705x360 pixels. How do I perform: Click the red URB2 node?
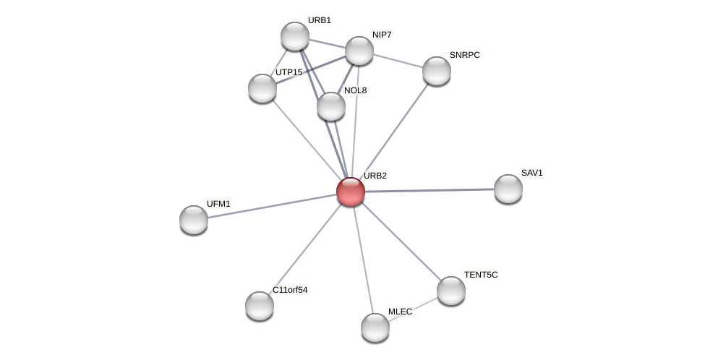click(x=351, y=192)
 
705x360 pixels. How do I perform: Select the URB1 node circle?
click(x=295, y=36)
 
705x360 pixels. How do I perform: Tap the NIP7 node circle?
click(x=359, y=51)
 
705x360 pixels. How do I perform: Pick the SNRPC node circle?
click(x=437, y=71)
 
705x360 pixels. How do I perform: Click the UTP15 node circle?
click(x=262, y=88)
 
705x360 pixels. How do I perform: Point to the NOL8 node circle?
click(x=331, y=106)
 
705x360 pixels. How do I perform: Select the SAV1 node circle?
click(x=508, y=189)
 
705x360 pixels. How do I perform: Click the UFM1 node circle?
click(x=194, y=220)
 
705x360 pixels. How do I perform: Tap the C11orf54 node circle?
click(x=260, y=306)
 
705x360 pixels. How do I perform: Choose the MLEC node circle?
click(x=375, y=327)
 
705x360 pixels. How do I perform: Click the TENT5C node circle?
click(x=451, y=291)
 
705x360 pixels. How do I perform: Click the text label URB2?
click(x=375, y=176)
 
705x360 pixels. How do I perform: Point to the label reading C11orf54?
click(x=290, y=290)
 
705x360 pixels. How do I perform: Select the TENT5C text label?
click(x=481, y=275)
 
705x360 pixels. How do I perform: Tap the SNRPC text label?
click(x=464, y=55)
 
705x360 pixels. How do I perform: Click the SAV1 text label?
click(x=531, y=173)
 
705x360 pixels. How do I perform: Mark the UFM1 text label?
click(x=218, y=204)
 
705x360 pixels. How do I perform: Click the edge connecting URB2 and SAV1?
click(x=430, y=190)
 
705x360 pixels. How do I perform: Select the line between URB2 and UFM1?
click(x=272, y=206)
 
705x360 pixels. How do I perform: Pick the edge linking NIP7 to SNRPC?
click(x=398, y=61)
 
